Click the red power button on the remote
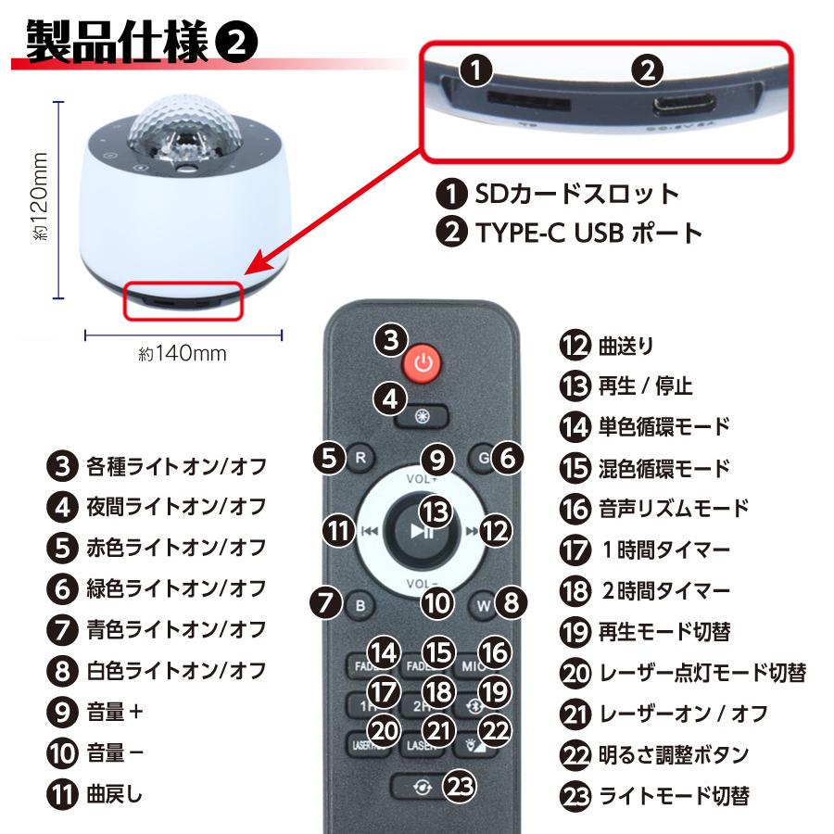pyautogui.click(x=423, y=362)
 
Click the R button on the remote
pyautogui.click(x=360, y=458)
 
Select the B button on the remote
pyautogui.click(x=360, y=606)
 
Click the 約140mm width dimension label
pyautogui.click(x=183, y=353)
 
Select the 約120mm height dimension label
pyautogui.click(x=40, y=199)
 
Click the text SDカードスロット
pyautogui.click(x=576, y=194)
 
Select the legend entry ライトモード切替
pyautogui.click(x=674, y=795)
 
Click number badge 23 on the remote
pyautogui.click(x=461, y=787)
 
